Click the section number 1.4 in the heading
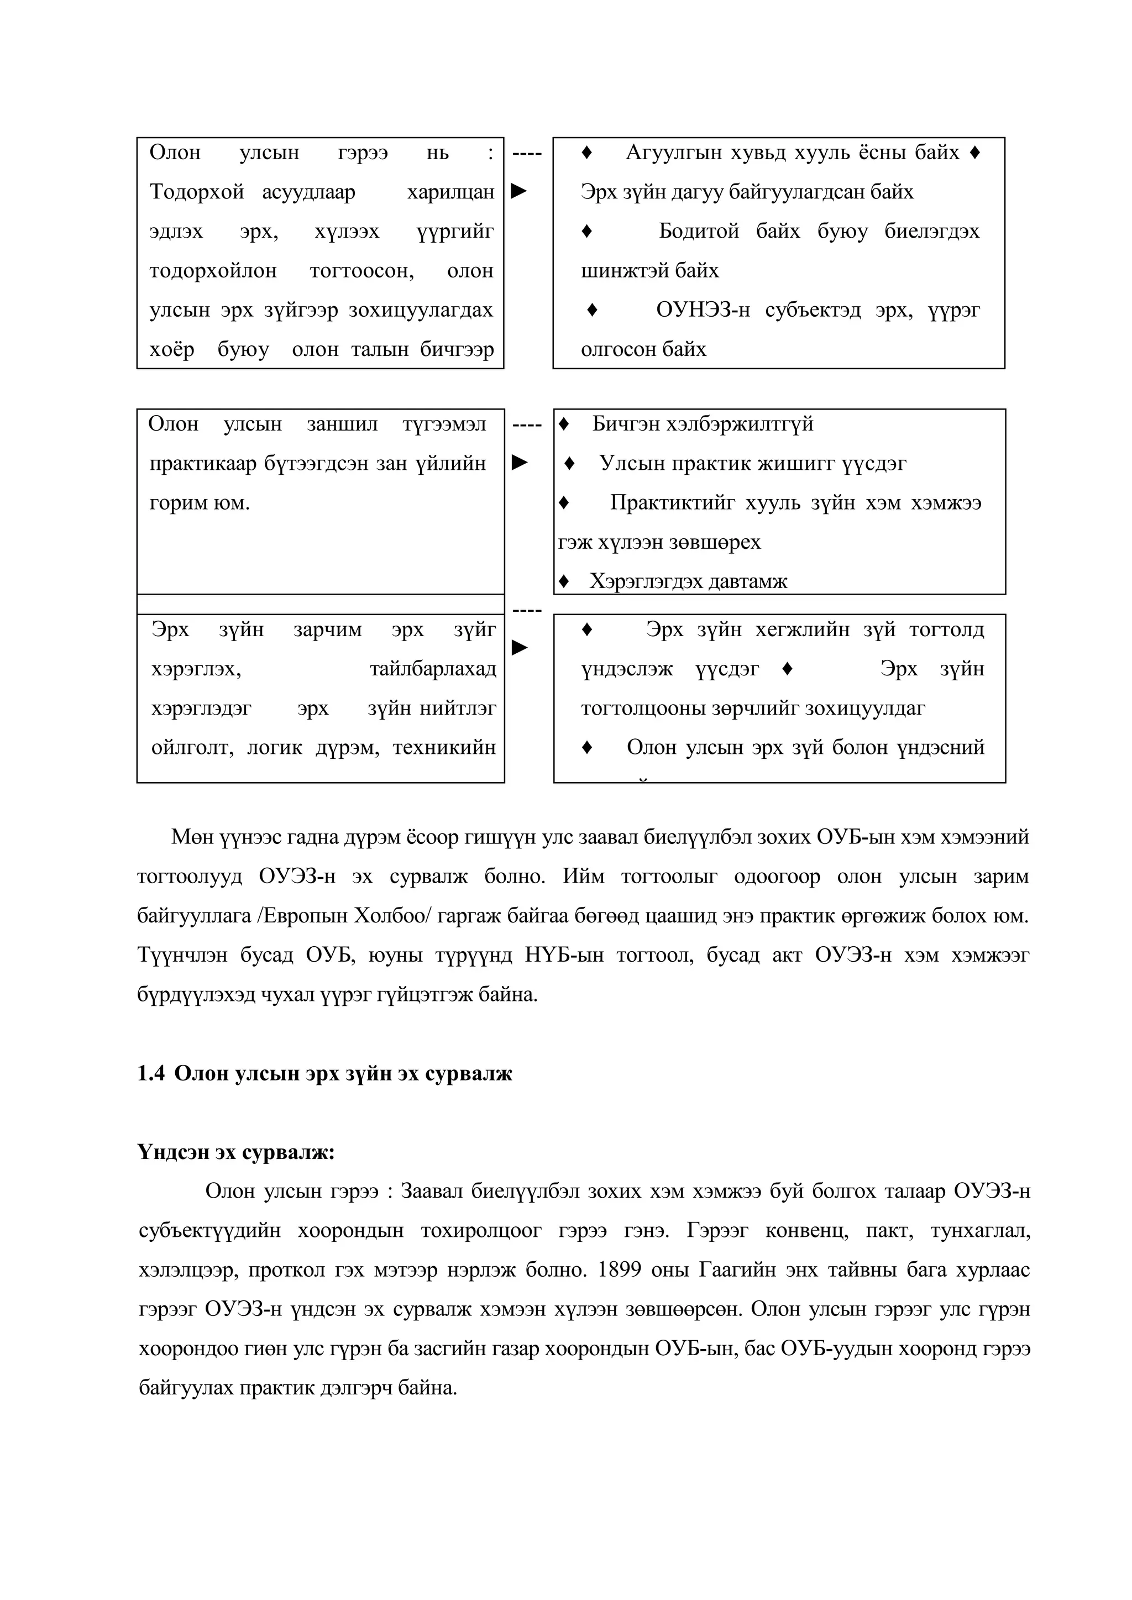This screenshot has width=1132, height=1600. click(x=150, y=1074)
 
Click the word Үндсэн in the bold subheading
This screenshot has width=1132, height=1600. click(x=173, y=1153)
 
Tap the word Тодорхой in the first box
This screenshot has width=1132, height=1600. click(x=197, y=192)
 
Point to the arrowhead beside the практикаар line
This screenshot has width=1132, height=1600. click(x=520, y=463)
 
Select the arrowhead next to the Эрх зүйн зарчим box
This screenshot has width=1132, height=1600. click(x=520, y=648)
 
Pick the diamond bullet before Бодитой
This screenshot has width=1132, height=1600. click(x=587, y=230)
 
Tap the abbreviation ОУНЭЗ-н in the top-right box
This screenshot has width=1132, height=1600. click(x=703, y=310)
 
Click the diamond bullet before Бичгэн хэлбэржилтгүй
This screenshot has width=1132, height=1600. click(x=564, y=424)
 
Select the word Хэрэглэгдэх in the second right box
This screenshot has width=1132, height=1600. click(x=637, y=581)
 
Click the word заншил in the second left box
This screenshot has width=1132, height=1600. click(x=342, y=424)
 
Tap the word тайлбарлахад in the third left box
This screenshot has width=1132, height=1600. click(x=433, y=669)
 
